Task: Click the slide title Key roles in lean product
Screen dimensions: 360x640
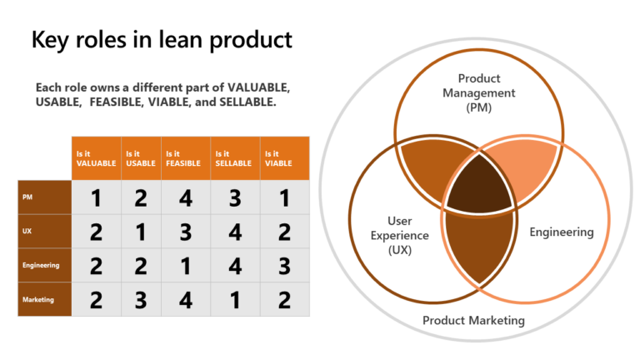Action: click(162, 39)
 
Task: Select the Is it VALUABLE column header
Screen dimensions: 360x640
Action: click(96, 158)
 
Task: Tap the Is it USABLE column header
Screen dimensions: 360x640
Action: click(141, 158)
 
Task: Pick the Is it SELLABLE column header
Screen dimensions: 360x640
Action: click(234, 158)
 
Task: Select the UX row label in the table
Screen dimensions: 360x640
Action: click(43, 231)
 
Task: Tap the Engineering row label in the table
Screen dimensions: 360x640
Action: click(43, 265)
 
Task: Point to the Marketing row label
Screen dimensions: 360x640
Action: click(43, 299)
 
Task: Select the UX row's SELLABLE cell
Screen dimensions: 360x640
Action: click(235, 231)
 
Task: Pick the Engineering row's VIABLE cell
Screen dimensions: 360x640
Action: click(285, 265)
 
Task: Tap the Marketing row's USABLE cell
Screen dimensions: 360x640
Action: click(141, 299)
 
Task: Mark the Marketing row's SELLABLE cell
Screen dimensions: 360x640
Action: click(235, 299)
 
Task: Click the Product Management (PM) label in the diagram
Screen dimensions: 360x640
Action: click(478, 92)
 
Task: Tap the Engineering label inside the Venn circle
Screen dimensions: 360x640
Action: click(561, 232)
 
